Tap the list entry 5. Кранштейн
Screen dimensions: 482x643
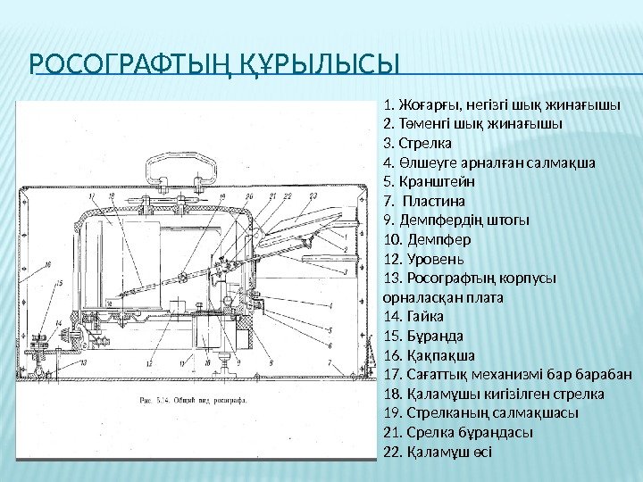[x=429, y=182]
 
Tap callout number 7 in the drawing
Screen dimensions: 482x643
[x=330, y=363]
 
